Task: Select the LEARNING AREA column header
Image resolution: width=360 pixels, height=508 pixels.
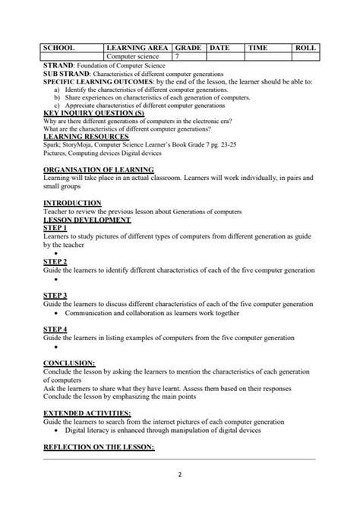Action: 137,48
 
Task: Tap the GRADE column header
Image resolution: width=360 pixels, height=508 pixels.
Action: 188,48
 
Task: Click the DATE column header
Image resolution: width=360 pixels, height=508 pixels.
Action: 219,48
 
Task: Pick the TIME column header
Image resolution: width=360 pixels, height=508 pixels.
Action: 258,48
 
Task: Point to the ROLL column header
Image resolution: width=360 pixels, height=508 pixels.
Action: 305,48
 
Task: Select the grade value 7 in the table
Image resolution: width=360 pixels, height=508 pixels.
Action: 177,57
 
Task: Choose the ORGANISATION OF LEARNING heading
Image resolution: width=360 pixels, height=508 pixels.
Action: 98,169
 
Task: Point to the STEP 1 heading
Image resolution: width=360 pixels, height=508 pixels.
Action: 55,228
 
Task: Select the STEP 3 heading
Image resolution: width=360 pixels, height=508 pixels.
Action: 55,295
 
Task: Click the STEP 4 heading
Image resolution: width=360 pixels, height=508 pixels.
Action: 55,329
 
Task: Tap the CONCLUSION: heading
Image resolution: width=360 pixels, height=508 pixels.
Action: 69,363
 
